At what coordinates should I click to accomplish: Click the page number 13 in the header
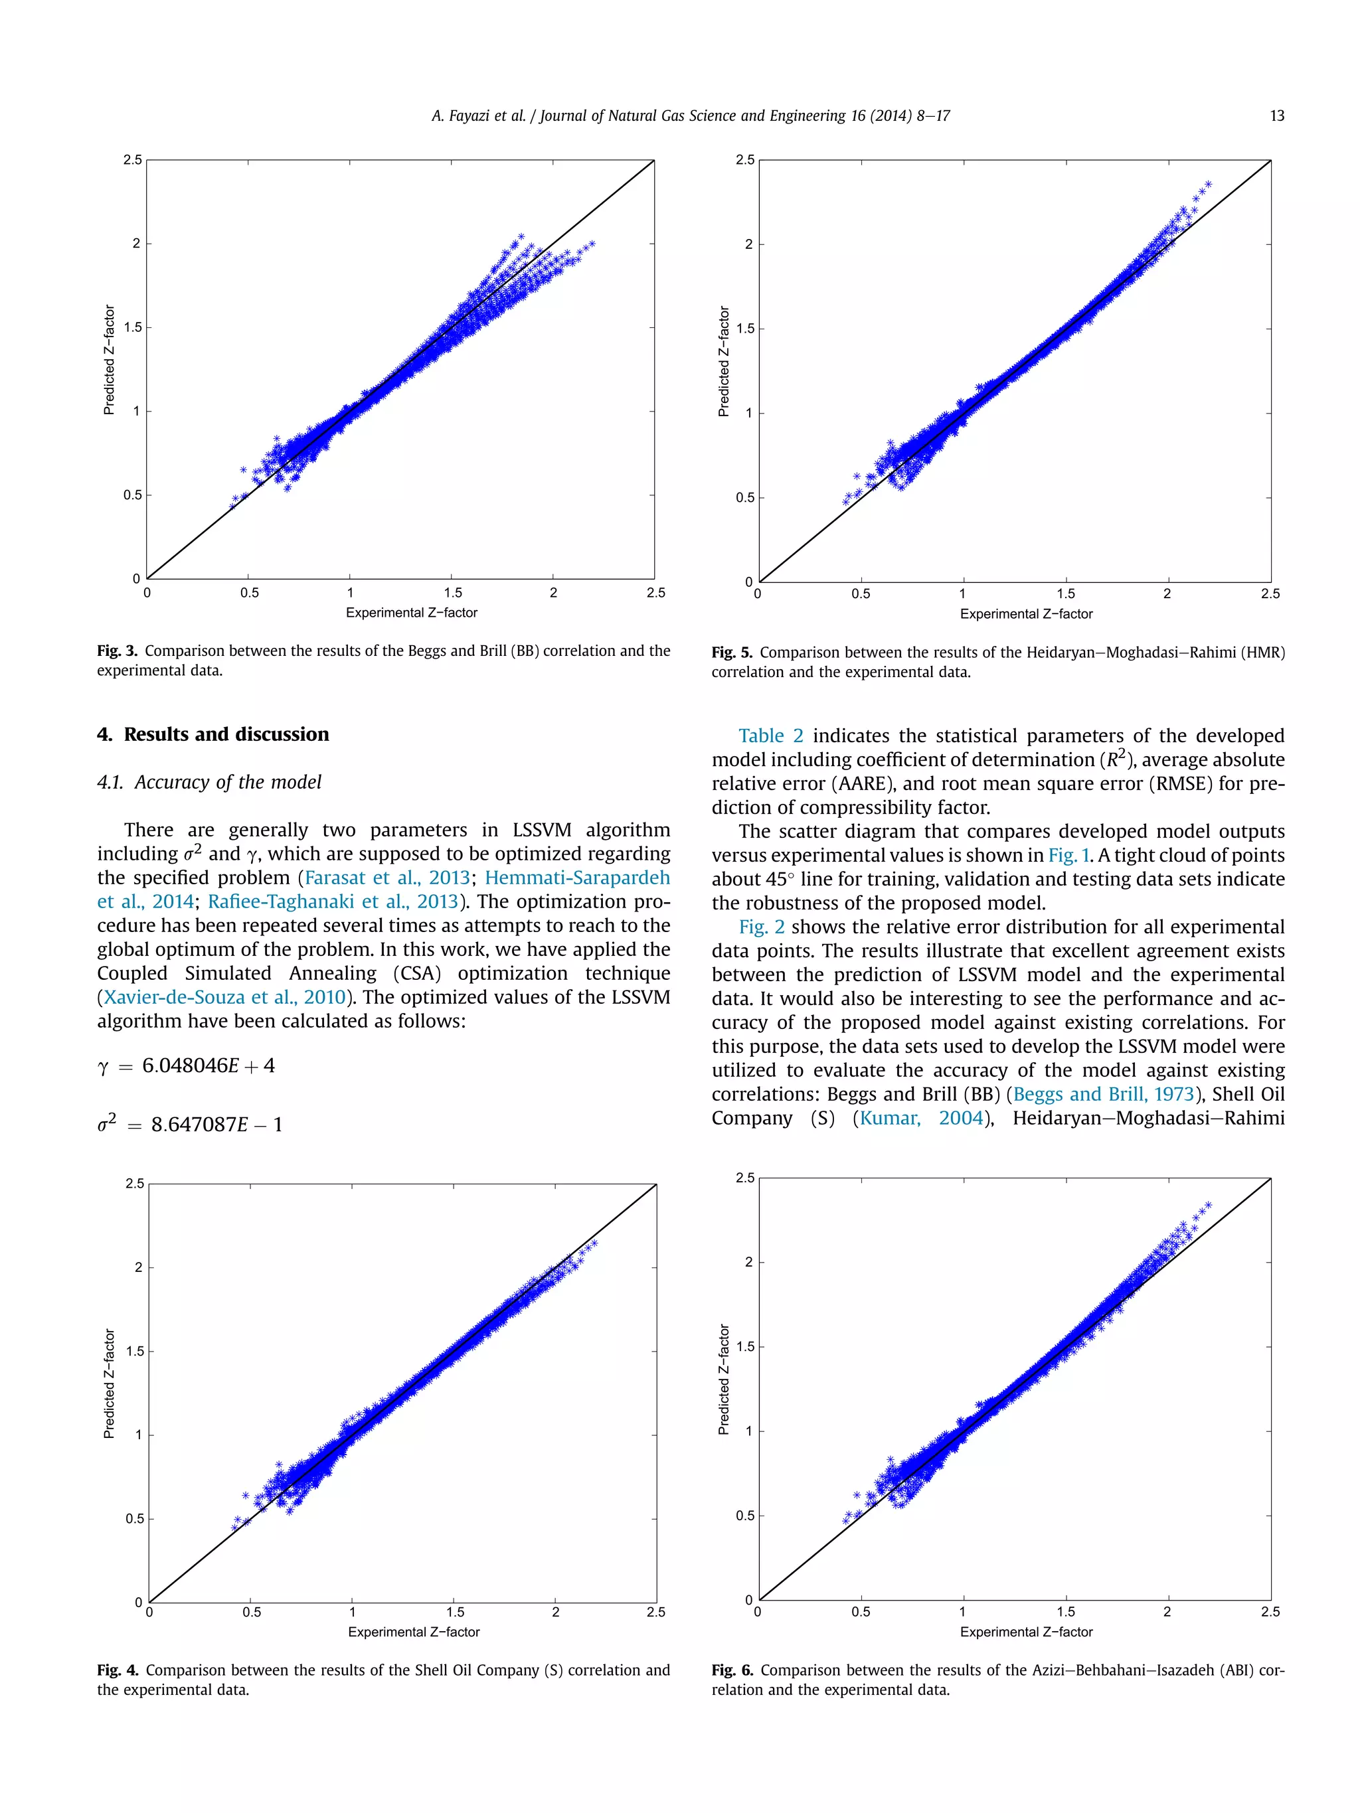click(x=1276, y=116)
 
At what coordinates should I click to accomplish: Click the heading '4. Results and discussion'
click(x=213, y=734)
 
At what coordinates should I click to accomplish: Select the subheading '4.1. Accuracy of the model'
click(x=209, y=782)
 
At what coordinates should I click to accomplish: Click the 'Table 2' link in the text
click(x=770, y=736)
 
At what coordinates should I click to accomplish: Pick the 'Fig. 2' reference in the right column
click(x=761, y=927)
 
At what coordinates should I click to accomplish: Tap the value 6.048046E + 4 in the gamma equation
click(x=209, y=1065)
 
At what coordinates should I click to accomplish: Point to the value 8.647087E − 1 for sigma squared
click(x=216, y=1125)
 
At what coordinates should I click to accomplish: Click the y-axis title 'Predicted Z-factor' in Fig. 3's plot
click(x=109, y=360)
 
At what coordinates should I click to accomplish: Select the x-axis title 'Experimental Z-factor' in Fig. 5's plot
click(x=1025, y=614)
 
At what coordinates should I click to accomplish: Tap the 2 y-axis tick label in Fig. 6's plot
click(x=748, y=1261)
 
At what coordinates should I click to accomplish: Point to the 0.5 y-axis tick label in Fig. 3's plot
click(x=132, y=495)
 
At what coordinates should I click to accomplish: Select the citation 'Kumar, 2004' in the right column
click(x=920, y=1118)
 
